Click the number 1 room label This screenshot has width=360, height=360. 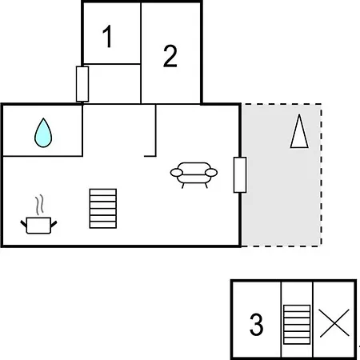click(x=107, y=36)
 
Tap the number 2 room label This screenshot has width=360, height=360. click(x=170, y=56)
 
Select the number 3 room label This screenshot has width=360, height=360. click(x=256, y=324)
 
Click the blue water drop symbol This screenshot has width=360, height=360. click(x=43, y=133)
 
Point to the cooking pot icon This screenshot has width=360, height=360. click(x=38, y=226)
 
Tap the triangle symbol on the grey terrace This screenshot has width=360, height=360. click(x=299, y=131)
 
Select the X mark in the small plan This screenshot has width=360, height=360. click(x=334, y=323)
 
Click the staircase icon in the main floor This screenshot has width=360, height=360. click(x=103, y=209)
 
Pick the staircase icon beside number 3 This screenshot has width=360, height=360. click(x=297, y=325)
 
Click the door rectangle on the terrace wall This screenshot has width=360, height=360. click(x=240, y=174)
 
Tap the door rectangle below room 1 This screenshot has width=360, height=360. click(x=82, y=84)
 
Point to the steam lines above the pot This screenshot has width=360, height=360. click(x=39, y=205)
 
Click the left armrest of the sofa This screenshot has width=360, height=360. click(x=177, y=173)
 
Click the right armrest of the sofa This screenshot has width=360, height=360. click(x=211, y=173)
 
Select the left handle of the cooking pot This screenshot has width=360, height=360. click(x=24, y=224)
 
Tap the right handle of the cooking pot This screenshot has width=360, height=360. click(x=54, y=224)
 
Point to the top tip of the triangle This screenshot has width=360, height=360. click(x=299, y=114)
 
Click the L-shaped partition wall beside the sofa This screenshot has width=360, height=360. click(x=155, y=130)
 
